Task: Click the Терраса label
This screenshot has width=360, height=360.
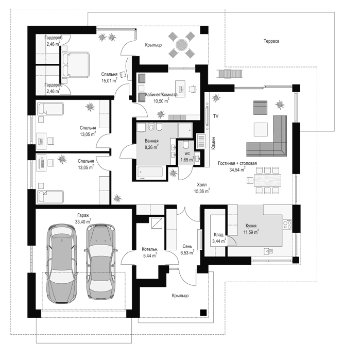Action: coord(271,41)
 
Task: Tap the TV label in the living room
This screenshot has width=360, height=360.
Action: coord(216,116)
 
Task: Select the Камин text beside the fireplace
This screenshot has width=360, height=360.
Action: coord(214,143)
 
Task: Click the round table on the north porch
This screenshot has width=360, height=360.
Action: coord(182,45)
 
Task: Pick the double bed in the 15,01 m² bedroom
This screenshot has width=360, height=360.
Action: coord(75,64)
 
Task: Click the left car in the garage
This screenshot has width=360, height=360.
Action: coord(61,264)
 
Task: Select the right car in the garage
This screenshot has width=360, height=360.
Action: coord(100,261)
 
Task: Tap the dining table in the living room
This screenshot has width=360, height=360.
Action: coord(267,180)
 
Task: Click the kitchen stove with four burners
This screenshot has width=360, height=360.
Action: coord(287,225)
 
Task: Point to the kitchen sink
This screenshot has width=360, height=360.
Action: coord(268,251)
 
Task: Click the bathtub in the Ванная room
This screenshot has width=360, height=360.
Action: coord(150,172)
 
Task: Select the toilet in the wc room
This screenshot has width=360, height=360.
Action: coord(185,145)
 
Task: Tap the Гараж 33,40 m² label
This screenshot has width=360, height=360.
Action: coord(83,218)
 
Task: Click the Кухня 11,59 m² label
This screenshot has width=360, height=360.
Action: coord(251,229)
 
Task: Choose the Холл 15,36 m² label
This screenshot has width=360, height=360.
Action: coord(202,188)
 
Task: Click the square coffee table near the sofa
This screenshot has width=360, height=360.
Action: coord(261,129)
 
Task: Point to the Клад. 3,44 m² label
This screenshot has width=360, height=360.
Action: coord(219,238)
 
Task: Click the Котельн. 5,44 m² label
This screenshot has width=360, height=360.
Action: coord(150,252)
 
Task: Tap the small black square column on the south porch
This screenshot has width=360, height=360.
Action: coord(203,313)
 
